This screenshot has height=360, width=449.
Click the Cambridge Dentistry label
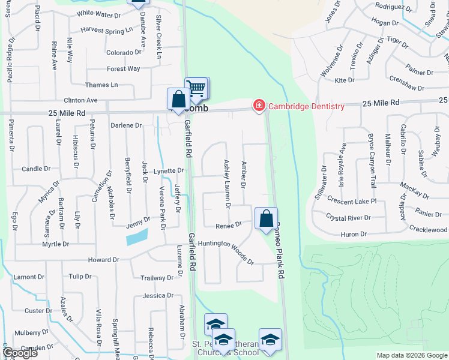[306, 107]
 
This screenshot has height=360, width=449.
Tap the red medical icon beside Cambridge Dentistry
[259, 106]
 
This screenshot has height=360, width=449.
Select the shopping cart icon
[196, 89]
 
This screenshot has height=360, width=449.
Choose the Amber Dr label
[244, 174]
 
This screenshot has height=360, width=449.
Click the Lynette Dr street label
[168, 171]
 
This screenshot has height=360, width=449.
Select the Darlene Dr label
[126, 125]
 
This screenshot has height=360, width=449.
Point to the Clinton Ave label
[80, 100]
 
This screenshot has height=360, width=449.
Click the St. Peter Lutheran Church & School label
[225, 349]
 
